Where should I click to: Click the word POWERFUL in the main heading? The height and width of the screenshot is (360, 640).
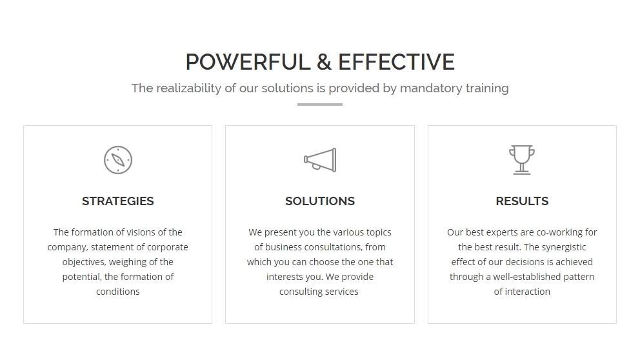click(248, 62)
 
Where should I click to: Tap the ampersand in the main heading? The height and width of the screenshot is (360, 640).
click(324, 62)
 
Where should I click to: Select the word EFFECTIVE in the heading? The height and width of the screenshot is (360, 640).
click(396, 62)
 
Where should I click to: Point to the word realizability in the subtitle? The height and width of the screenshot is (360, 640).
click(188, 88)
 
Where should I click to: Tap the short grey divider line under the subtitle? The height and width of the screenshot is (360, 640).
click(320, 105)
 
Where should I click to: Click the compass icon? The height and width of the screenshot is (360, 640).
click(118, 160)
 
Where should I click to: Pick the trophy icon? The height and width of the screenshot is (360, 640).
click(522, 160)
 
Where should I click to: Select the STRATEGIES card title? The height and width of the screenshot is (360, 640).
click(118, 201)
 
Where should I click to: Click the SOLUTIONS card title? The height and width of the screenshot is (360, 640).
click(320, 201)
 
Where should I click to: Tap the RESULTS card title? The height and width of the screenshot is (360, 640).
click(522, 201)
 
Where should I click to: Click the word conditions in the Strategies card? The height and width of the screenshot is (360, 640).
click(118, 292)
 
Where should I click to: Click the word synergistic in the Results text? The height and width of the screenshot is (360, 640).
click(564, 247)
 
